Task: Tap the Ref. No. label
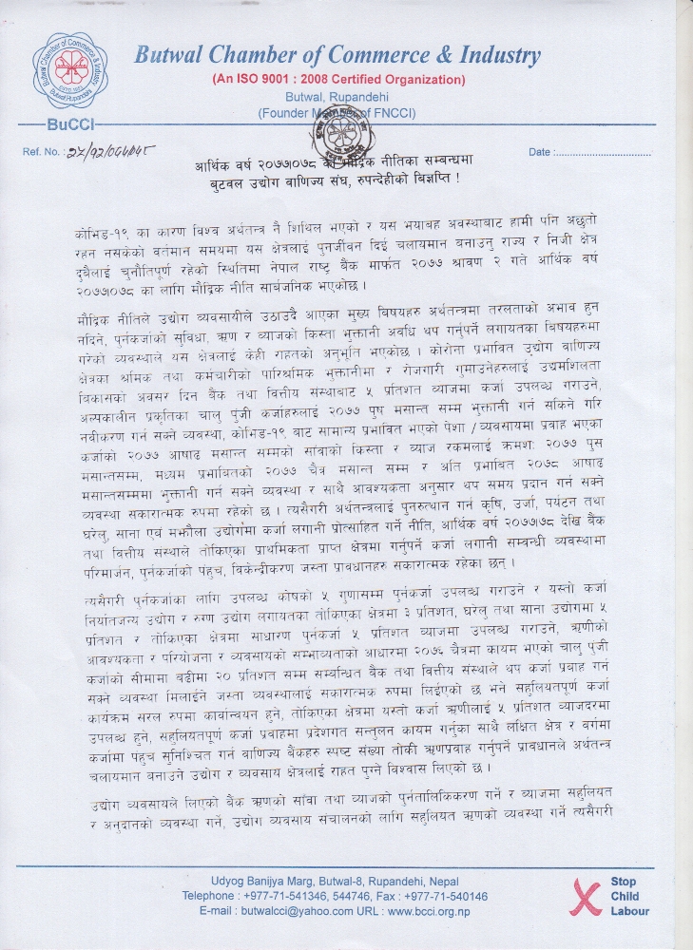tap(42, 152)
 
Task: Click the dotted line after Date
tap(602, 152)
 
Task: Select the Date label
tap(540, 152)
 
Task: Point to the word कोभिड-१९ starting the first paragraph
tap(98, 234)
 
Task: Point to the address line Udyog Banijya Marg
tap(335, 881)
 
